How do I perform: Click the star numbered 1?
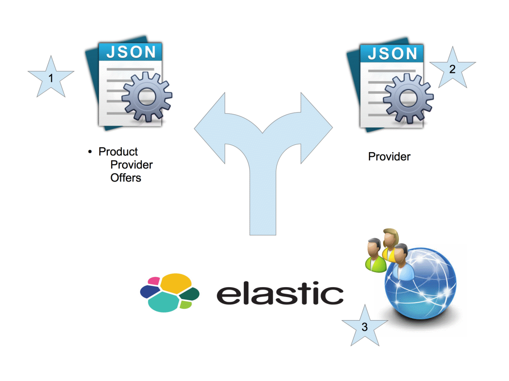(51, 78)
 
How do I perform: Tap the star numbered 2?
(452, 69)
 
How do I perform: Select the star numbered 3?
(364, 326)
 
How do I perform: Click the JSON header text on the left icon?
(131, 52)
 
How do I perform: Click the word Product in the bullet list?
(118, 152)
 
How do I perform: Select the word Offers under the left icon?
(126, 178)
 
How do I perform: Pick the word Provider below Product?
(132, 165)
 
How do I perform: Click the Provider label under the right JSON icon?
(389, 157)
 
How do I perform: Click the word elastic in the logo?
(280, 295)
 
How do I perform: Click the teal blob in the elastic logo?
(163, 303)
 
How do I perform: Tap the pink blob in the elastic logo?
(154, 281)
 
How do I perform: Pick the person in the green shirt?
(375, 257)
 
